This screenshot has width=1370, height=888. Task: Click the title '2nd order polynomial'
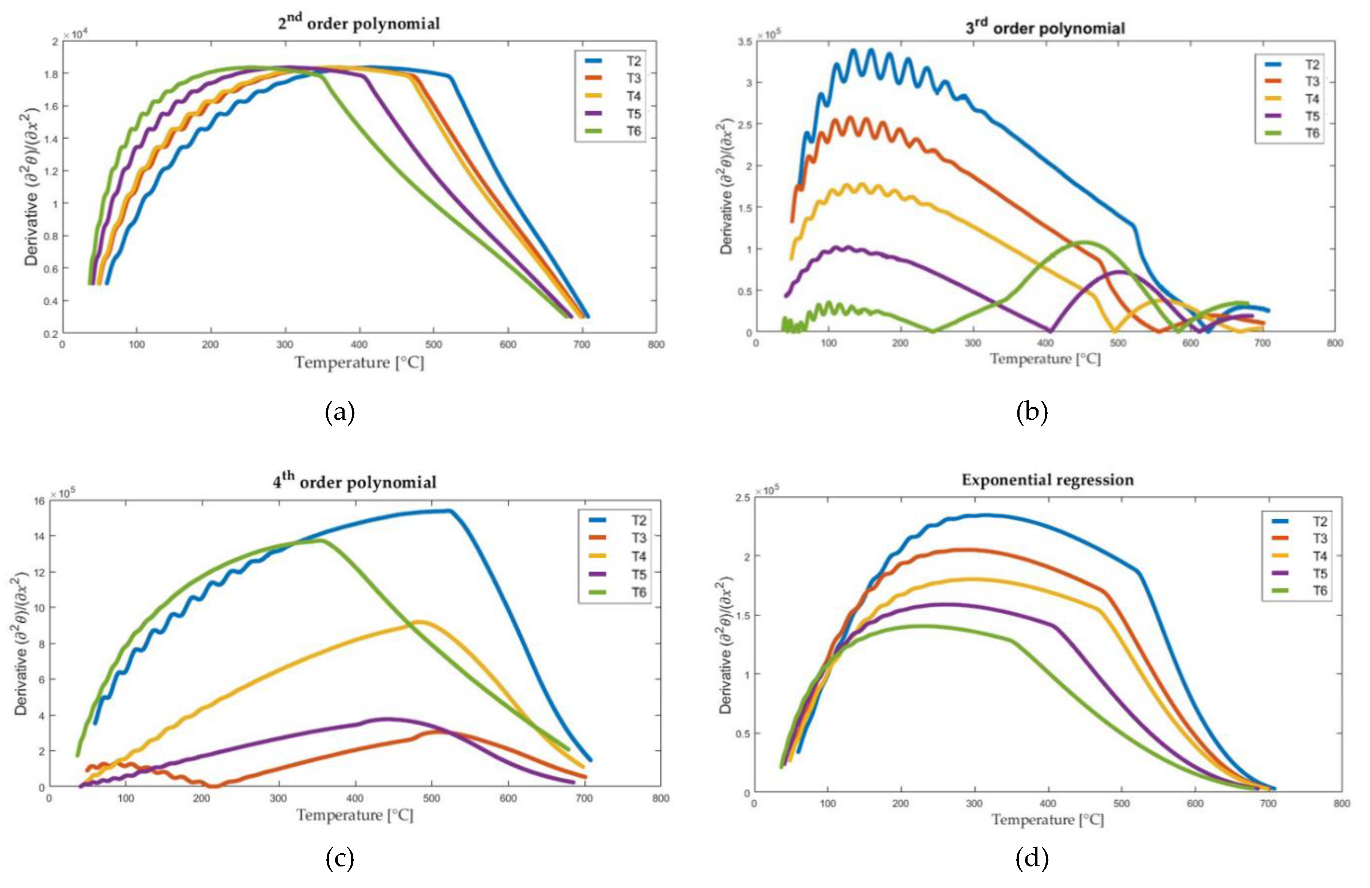(x=358, y=23)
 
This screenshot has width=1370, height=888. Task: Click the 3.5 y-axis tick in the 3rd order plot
(x=745, y=42)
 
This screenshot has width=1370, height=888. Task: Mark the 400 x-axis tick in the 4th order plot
(x=355, y=798)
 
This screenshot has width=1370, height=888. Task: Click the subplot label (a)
(x=339, y=413)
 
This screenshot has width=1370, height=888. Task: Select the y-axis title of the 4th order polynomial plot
(x=21, y=643)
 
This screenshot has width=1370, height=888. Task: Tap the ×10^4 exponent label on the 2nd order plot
(x=74, y=35)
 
